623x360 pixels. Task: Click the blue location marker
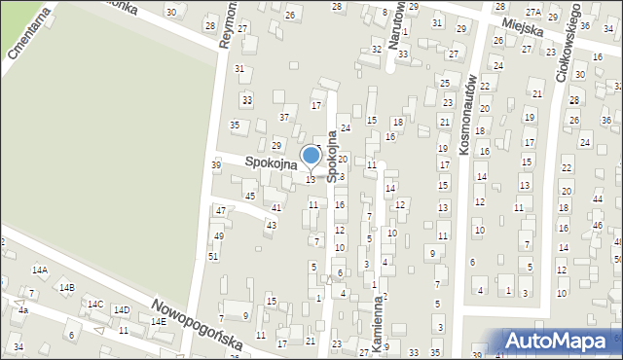click(311, 156)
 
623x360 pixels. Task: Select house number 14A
click(39, 270)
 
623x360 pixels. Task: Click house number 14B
click(66, 288)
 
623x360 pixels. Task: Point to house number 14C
click(95, 305)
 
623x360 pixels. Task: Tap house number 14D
click(122, 310)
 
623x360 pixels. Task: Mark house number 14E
click(157, 321)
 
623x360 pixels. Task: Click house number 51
click(212, 256)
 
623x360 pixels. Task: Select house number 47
click(221, 210)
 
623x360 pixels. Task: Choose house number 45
click(250, 197)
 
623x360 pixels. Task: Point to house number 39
click(216, 165)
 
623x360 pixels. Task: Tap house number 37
click(284, 117)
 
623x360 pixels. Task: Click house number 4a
click(21, 309)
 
